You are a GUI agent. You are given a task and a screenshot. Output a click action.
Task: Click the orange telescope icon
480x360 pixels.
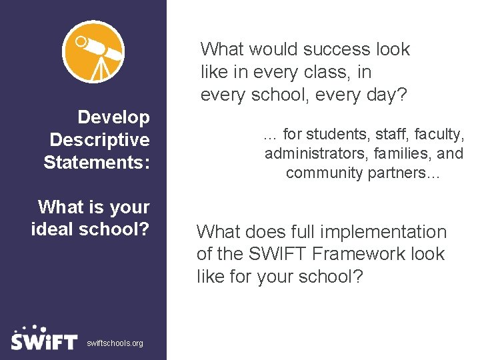93,51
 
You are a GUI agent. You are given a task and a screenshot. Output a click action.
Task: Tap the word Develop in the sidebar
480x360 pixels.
114,118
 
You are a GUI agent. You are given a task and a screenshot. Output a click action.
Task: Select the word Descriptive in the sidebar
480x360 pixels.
100,140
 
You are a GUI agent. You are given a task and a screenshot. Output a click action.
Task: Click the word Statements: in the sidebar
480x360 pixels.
97,162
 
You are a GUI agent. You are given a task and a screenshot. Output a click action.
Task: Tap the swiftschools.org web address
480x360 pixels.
115,343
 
